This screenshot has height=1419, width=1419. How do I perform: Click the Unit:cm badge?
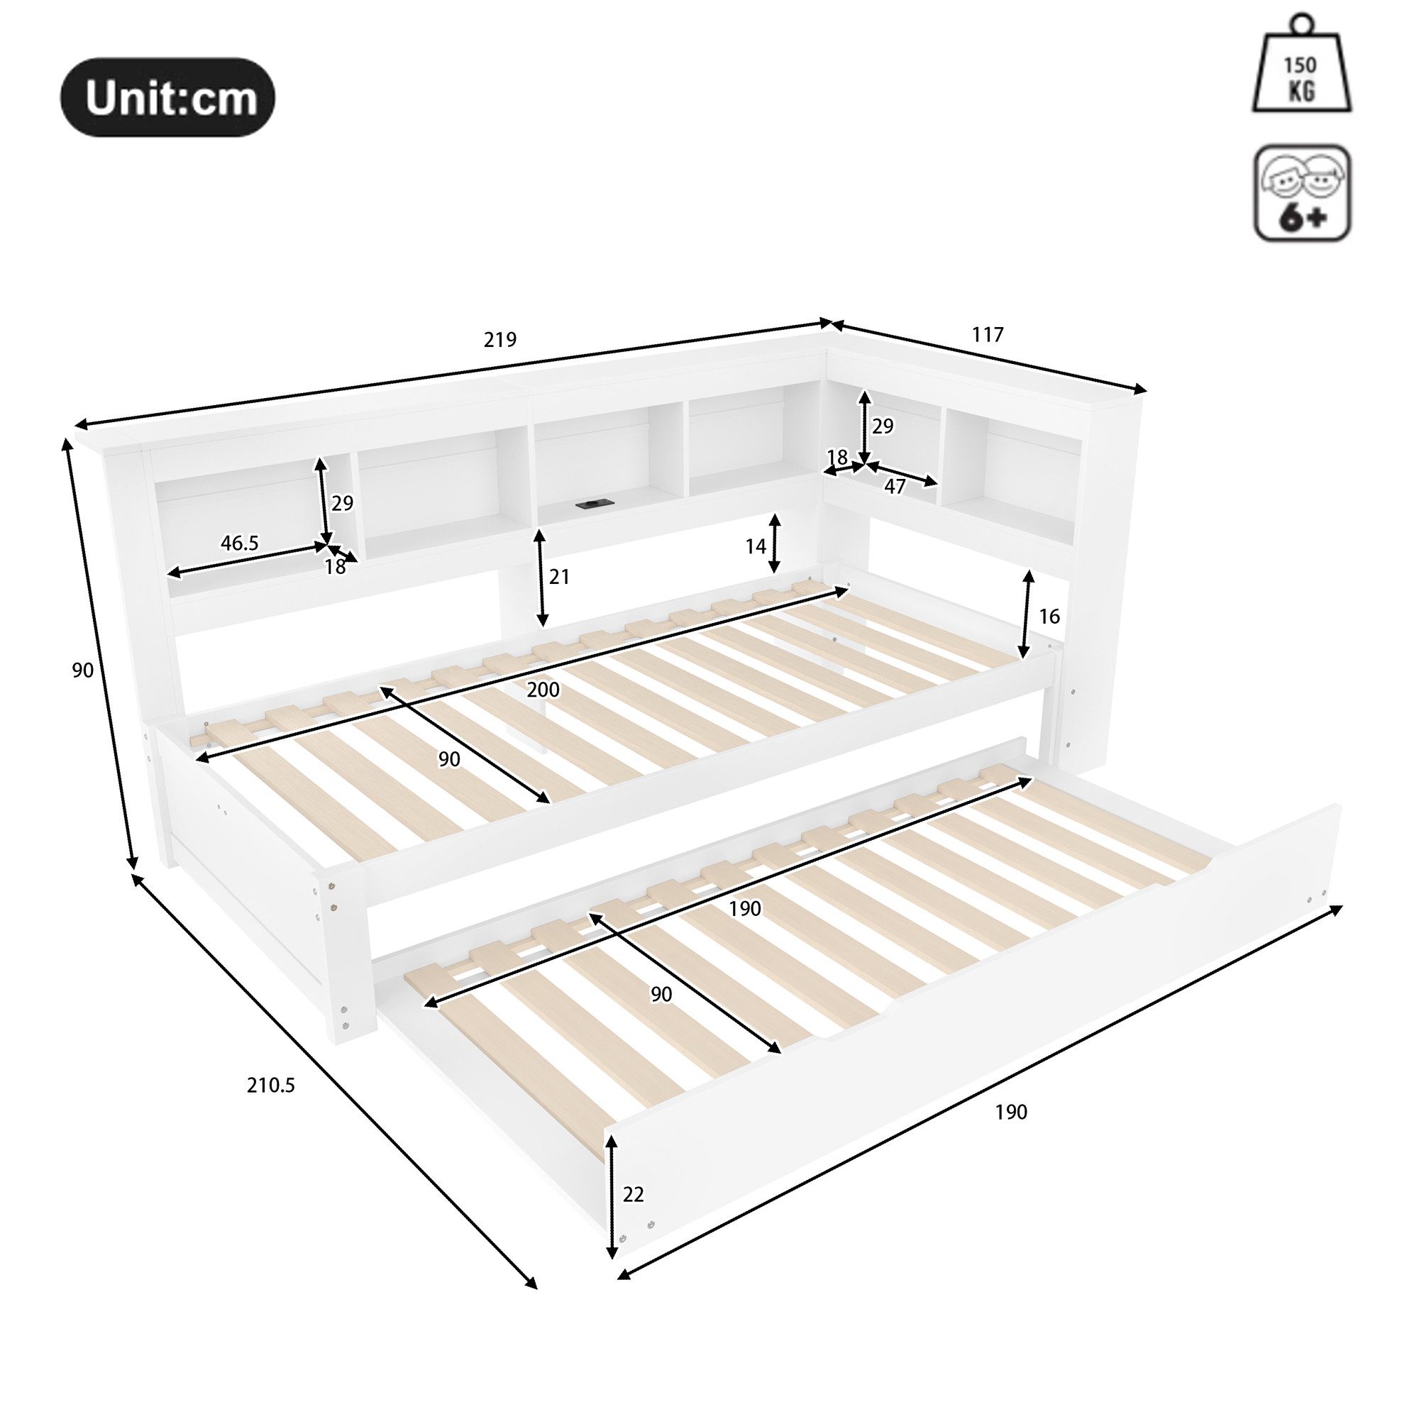tap(167, 98)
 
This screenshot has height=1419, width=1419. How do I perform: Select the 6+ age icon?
tap(1301, 193)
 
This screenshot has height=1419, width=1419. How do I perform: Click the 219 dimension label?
tap(500, 339)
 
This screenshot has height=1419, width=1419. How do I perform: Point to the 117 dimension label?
tap(987, 335)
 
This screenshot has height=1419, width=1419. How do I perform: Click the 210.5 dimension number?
tap(270, 1085)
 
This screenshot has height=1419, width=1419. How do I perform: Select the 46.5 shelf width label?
tap(239, 543)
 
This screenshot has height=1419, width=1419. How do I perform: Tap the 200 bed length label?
tap(543, 690)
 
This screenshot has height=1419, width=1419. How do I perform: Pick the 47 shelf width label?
tap(894, 486)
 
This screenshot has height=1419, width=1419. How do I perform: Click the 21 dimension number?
tap(559, 577)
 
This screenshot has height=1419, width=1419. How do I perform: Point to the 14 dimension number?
tap(755, 546)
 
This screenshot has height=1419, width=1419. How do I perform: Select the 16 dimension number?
tap(1049, 617)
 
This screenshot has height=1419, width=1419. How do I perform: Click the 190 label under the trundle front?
tap(1010, 1112)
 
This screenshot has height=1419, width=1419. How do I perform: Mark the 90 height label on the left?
tap(82, 670)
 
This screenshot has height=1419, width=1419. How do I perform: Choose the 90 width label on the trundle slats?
tap(661, 994)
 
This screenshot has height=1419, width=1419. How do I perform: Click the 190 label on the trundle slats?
tap(745, 909)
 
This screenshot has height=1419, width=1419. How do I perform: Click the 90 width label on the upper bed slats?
tap(449, 758)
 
